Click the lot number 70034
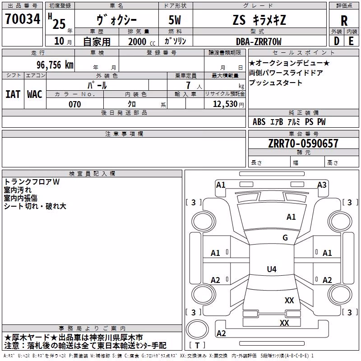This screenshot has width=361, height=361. [23, 19]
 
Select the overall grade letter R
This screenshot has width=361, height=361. [344, 21]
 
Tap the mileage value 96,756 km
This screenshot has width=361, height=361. [55, 65]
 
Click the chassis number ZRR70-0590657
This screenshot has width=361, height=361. [303, 143]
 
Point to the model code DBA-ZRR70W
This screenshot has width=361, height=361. [259, 42]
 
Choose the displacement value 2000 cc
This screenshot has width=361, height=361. [142, 42]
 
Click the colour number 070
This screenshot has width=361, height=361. [75, 104]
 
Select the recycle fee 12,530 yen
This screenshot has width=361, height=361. [228, 104]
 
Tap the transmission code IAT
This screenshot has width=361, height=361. [13, 94]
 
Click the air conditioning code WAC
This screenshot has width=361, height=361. [35, 94]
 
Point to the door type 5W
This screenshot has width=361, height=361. [175, 20]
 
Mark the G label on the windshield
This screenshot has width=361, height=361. [285, 238]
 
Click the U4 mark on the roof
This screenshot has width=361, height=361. [272, 269]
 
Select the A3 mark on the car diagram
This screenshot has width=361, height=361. [322, 185]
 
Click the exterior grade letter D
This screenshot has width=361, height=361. [337, 41]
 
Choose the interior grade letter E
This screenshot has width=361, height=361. [351, 41]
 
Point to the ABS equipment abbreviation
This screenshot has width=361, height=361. [259, 122]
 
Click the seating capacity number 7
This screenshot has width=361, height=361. [188, 85]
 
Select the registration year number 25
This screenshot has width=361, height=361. [59, 24]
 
